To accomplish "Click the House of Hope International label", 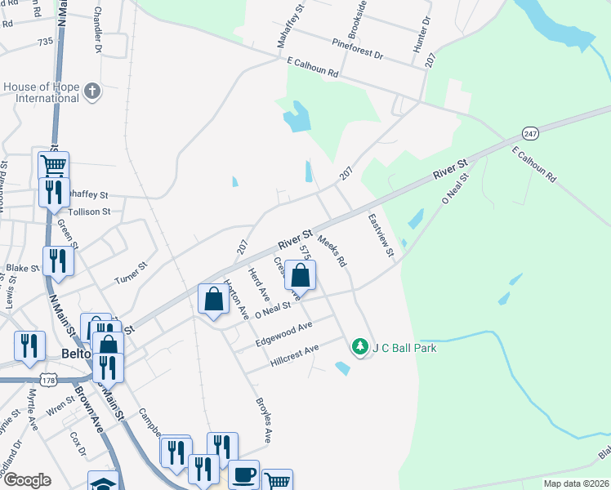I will click(x=41, y=92).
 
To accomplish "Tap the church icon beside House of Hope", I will click(x=92, y=91).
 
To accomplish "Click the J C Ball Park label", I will click(x=404, y=348).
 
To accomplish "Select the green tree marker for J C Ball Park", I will click(x=359, y=348).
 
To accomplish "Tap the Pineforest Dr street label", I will click(x=357, y=47).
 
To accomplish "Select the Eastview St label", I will click(x=381, y=236).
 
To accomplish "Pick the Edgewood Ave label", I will click(x=283, y=332).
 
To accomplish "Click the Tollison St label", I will click(x=90, y=212).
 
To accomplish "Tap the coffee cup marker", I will click(x=243, y=474).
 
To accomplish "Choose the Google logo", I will click(x=27, y=480).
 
